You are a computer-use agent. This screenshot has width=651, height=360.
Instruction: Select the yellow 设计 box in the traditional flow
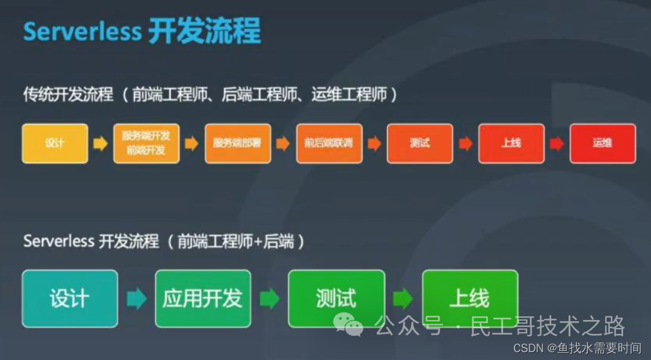pyautogui.click(x=55, y=144)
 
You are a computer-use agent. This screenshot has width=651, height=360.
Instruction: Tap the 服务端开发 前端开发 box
pyautogui.click(x=146, y=144)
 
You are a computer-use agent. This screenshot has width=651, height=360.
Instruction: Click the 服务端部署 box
pyautogui.click(x=238, y=144)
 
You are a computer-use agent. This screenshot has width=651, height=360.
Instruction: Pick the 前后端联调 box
pyautogui.click(x=329, y=144)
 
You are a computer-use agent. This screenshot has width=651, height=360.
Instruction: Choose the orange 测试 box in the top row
pyautogui.click(x=420, y=144)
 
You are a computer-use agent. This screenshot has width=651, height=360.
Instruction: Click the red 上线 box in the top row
pyautogui.click(x=511, y=144)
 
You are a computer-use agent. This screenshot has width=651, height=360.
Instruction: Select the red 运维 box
pyautogui.click(x=603, y=144)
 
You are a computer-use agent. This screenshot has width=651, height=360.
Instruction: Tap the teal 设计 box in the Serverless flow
pyautogui.click(x=70, y=299)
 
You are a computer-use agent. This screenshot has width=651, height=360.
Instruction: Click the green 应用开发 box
pyautogui.click(x=202, y=299)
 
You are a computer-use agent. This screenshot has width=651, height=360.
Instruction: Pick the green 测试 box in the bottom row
pyautogui.click(x=336, y=299)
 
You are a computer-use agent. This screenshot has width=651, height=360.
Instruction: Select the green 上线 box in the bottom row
pyautogui.click(x=470, y=299)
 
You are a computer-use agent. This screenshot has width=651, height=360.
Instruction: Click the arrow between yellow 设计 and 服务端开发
pyautogui.click(x=100, y=144)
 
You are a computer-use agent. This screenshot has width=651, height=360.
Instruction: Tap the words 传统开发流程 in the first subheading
pyautogui.click(x=68, y=95)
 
